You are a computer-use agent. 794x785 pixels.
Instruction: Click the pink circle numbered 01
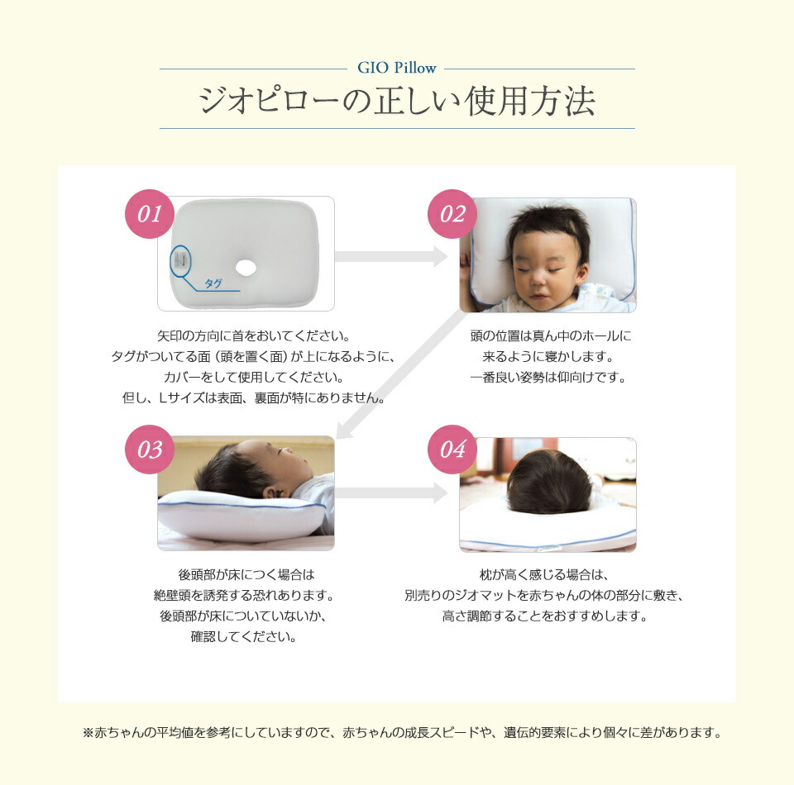click(150, 215)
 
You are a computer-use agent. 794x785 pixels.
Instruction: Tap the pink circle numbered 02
click(452, 215)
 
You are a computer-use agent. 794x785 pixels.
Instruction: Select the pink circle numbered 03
click(150, 450)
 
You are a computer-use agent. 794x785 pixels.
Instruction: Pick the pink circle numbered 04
click(452, 450)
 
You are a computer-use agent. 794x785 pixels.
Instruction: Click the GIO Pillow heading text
click(397, 68)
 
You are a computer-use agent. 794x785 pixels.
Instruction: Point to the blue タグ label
click(213, 283)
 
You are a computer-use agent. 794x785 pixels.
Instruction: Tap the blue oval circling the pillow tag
click(180, 261)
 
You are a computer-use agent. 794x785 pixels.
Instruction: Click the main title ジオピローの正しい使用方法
click(397, 101)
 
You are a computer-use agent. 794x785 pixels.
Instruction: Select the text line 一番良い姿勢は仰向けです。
click(548, 378)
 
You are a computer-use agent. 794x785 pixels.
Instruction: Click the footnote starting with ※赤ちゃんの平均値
click(397, 732)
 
